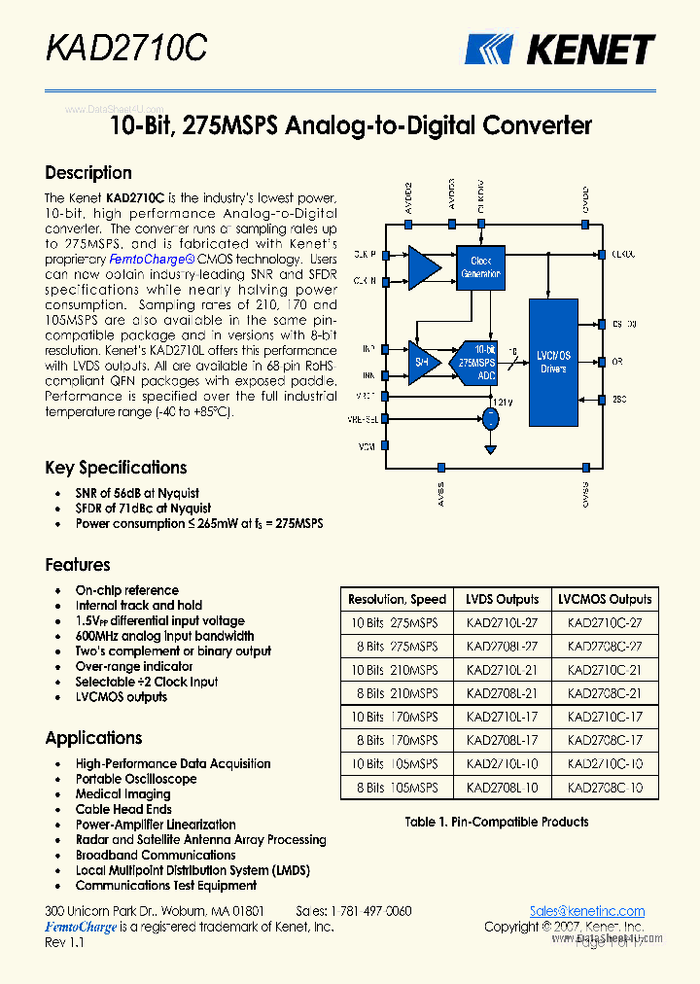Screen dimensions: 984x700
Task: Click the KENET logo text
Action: click(x=591, y=49)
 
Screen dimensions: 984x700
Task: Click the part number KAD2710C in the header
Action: click(x=126, y=47)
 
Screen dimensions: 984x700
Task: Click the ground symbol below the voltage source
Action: click(x=491, y=449)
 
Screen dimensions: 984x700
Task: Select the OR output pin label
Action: click(x=616, y=361)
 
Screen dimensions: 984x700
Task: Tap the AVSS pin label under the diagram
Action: click(x=440, y=495)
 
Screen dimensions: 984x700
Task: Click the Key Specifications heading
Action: click(x=116, y=468)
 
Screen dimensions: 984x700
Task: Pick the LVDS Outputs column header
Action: click(x=502, y=599)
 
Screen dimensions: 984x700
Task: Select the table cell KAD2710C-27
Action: click(x=605, y=622)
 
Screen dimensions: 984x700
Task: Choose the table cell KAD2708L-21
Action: click(x=502, y=693)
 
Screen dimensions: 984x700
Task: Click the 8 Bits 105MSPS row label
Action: click(x=397, y=788)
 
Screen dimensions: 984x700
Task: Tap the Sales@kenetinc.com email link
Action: click(x=587, y=911)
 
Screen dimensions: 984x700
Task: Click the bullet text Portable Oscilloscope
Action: click(x=136, y=779)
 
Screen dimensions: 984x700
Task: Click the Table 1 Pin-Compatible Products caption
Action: click(x=497, y=822)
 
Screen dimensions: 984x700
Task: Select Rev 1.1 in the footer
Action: click(x=65, y=943)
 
